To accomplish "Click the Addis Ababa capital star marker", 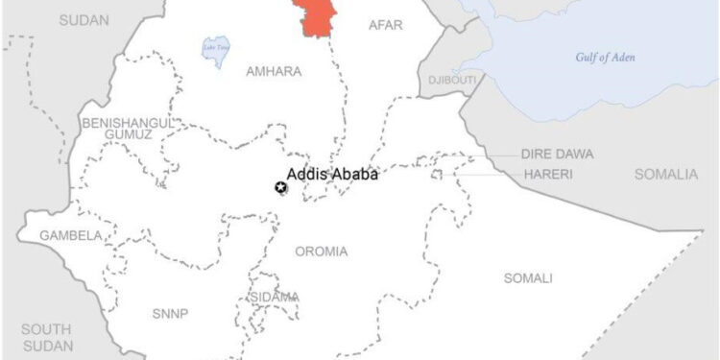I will (281, 188).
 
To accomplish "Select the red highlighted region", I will (317, 17).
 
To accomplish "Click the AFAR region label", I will (386, 25).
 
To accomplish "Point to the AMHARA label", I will (274, 72).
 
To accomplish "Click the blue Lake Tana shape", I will (214, 51).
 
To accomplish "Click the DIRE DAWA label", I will (557, 154).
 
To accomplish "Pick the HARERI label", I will (548, 175).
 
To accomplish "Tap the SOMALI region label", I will (528, 278).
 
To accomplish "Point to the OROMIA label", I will (322, 252).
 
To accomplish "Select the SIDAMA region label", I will (274, 298).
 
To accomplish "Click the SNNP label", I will (170, 314).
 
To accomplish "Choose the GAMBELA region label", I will (71, 235).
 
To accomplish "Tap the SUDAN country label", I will (84, 19).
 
